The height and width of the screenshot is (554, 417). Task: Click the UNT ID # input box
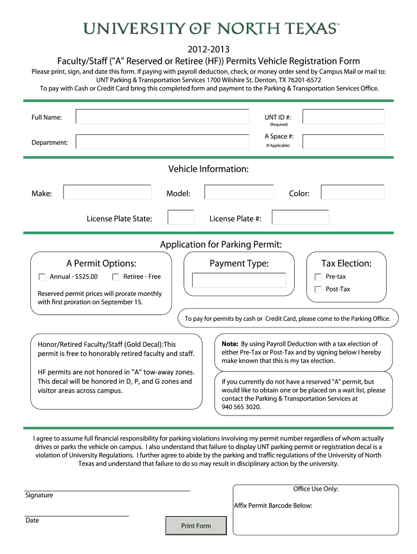tap(343, 117)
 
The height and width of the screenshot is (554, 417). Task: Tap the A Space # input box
tap(343, 142)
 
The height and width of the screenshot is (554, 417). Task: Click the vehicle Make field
tap(107, 193)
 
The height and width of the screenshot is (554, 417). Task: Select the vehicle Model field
tap(239, 193)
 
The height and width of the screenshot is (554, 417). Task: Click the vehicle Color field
tap(352, 193)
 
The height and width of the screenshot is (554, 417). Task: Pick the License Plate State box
tap(181, 217)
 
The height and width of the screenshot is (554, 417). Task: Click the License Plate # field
tap(300, 217)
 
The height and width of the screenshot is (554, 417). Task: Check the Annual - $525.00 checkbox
tap(42, 277)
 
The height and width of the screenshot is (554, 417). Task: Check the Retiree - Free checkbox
tap(116, 277)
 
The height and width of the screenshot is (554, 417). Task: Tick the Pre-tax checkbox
tap(318, 277)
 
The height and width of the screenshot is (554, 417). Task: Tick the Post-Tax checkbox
tap(318, 289)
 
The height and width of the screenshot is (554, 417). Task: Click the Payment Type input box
tap(239, 280)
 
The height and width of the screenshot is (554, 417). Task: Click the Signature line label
tap(39, 495)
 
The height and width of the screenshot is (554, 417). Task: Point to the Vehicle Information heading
tap(208, 169)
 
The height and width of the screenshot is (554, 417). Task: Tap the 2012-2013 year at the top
tap(208, 50)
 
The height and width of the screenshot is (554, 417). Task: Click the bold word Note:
tap(230, 344)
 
